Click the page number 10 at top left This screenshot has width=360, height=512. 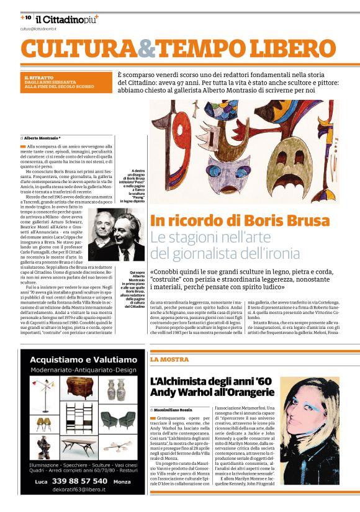point(28,17)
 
